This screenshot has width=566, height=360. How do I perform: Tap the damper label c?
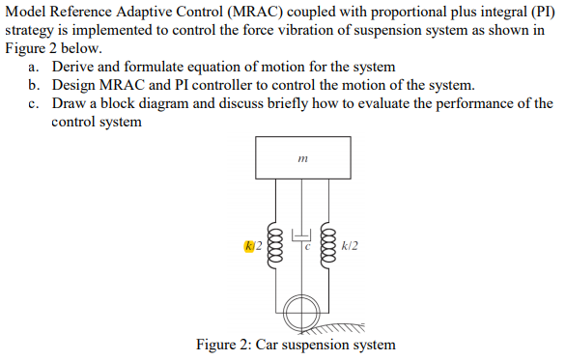coord(308,246)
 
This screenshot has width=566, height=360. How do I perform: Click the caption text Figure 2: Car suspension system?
coord(296,345)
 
